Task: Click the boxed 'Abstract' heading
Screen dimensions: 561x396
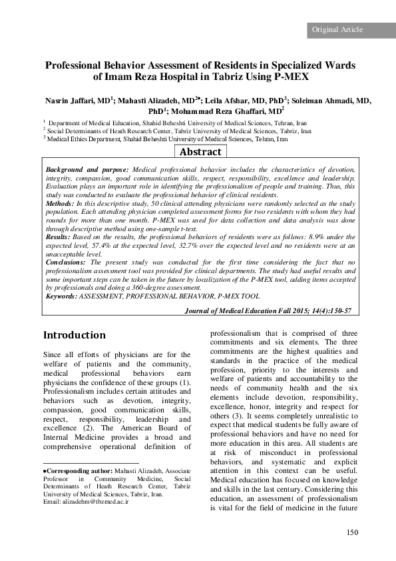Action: (x=200, y=152)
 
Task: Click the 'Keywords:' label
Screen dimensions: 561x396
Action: (x=61, y=295)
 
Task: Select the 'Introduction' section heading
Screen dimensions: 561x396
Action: (x=74, y=335)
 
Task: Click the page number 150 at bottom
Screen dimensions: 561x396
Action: (x=352, y=531)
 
